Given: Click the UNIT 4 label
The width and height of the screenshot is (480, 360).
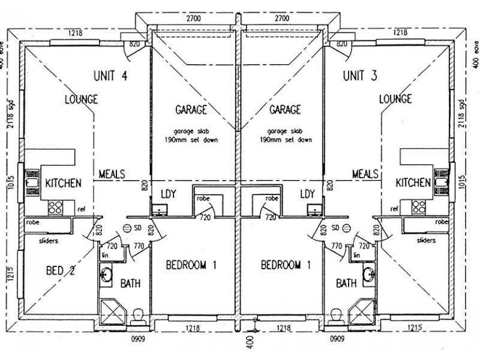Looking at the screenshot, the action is tap(110, 76).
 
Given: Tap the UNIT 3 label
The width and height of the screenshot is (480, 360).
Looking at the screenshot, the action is tap(360, 76).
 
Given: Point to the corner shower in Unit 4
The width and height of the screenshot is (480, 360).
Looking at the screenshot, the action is tap(113, 312).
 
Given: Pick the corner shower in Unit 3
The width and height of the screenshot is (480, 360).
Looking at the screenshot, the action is tap(362, 312).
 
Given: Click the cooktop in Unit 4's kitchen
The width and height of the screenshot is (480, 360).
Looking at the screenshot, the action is tap(55, 207).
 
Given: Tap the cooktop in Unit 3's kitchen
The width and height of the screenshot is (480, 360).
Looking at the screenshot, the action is tap(418, 207).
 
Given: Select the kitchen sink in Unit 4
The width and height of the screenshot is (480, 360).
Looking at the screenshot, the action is tap(32, 183).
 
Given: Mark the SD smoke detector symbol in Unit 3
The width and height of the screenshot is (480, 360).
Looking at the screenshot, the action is tap(346, 228).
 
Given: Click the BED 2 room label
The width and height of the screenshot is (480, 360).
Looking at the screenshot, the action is tap(60, 271).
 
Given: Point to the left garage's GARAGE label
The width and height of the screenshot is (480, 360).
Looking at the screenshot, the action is tap(191, 109).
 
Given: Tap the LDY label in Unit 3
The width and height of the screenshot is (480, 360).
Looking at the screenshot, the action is tap(307, 194).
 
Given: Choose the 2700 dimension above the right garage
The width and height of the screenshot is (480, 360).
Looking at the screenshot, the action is tap(281, 19).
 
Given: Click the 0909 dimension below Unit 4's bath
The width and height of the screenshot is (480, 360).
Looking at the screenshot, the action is tap(138, 339).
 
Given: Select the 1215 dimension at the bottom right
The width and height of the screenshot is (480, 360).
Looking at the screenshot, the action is tap(415, 328).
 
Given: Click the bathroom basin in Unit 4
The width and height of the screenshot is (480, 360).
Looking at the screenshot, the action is tap(106, 274).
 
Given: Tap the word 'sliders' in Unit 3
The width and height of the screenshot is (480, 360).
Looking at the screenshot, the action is tap(426, 241).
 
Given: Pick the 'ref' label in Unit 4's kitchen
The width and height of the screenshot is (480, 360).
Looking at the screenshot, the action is tap(81, 209).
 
